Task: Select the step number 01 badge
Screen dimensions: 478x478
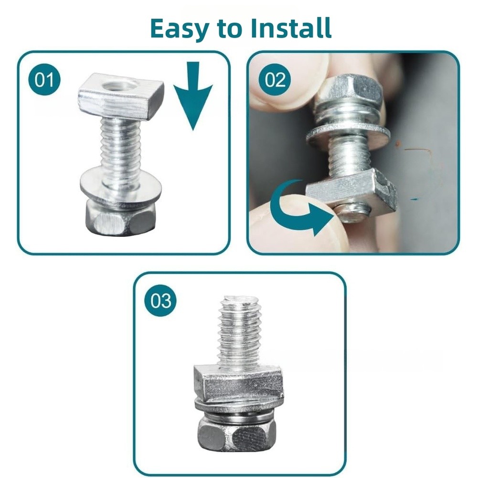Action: (x=44, y=80)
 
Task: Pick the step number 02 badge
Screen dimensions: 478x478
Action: (x=275, y=80)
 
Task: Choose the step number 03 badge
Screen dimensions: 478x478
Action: (x=160, y=300)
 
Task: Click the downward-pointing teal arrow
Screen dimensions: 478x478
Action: (x=193, y=95)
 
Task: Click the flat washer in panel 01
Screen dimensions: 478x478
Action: (x=121, y=189)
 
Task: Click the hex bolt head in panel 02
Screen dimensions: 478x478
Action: (x=350, y=89)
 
